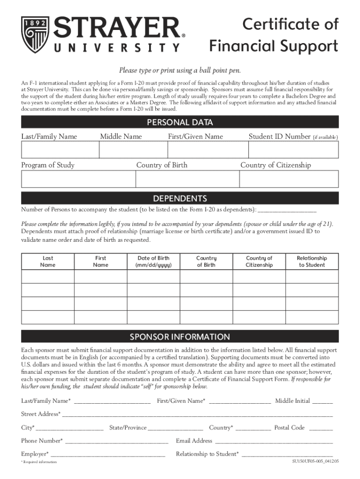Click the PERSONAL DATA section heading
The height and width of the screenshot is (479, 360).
click(x=180, y=123)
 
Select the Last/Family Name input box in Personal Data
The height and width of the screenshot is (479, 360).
click(x=59, y=150)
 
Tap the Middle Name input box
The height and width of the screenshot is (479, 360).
click(x=133, y=150)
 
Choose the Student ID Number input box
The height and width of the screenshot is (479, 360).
click(x=293, y=150)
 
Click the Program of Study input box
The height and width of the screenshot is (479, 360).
click(x=78, y=179)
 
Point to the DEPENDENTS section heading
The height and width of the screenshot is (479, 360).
click(x=180, y=198)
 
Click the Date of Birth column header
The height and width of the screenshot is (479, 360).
click(x=153, y=261)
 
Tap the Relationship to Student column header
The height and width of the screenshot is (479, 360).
click(x=312, y=261)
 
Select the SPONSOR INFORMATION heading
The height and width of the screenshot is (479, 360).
click(x=180, y=337)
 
